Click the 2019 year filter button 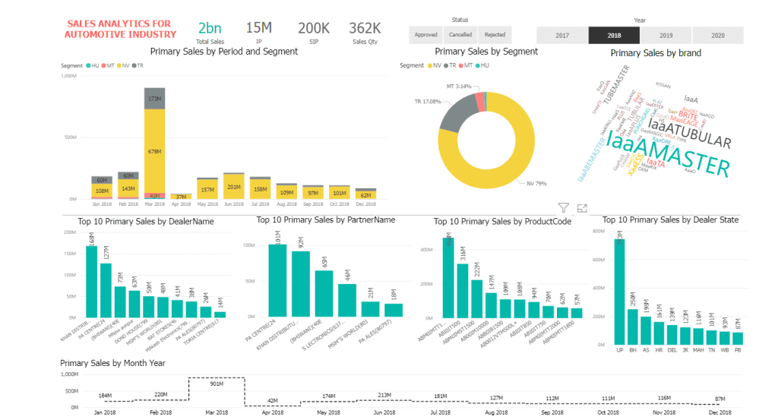click(666, 35)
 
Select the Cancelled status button click(460, 34)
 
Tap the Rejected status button click(495, 34)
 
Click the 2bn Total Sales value click(210, 28)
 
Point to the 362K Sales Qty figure click(365, 28)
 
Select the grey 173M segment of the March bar click(155, 99)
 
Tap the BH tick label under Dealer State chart click(632, 350)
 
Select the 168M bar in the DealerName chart click(92, 282)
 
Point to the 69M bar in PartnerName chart click(324, 293)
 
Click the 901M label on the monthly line click(217, 384)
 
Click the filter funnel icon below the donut click(564, 208)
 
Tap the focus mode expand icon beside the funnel click(582, 208)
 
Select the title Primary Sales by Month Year click(112, 363)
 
